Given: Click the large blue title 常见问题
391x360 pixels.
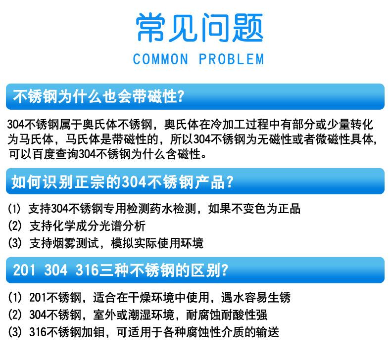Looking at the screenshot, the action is tap(199, 27).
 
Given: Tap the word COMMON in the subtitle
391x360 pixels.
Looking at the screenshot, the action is tap(160, 59).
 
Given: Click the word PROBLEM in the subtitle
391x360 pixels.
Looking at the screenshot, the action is tap(232, 59).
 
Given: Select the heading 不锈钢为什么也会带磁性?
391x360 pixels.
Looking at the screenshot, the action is tap(98, 96).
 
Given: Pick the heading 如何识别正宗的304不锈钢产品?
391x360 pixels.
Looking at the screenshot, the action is tap(122, 181).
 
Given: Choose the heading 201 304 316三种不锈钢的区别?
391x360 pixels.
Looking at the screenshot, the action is tap(121, 270).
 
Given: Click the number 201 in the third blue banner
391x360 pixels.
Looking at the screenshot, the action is tap(24, 270).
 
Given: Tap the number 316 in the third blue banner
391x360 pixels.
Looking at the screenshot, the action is tap(87, 270).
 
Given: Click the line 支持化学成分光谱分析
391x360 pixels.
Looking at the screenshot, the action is tap(87, 226).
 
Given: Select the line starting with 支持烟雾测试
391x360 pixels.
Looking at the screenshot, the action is tap(116, 243).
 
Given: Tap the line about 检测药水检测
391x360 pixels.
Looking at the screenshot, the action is tap(164, 209).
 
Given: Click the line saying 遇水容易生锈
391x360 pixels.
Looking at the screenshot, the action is tap(160, 298).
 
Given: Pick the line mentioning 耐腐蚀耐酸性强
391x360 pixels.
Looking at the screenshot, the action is tap(148, 315).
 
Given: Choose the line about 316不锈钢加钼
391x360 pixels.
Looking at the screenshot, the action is tap(154, 332).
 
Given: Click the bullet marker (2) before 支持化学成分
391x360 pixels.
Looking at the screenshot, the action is tap(15, 226).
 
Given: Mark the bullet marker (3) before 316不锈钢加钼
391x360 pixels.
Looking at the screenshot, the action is tap(15, 332).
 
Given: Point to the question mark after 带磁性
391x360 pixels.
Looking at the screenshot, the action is tap(181, 96).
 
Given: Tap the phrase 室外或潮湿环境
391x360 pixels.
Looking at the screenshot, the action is tap(134, 315).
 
